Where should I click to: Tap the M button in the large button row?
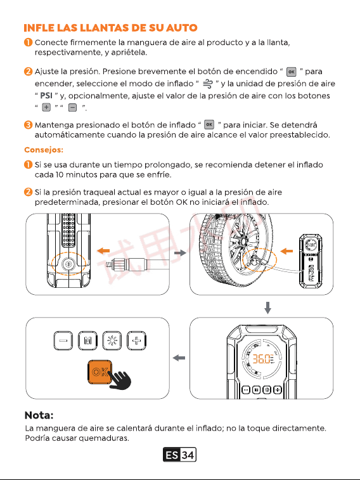coord(88,341)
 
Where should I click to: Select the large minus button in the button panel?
coord(63,341)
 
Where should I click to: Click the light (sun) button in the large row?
coord(112,341)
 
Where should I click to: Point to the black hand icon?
coord(120,380)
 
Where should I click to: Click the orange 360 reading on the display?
coord(261,359)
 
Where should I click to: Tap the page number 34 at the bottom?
coord(188,455)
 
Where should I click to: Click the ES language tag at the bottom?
coord(172,455)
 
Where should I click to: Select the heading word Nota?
coord(39,415)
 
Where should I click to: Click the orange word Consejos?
coord(44,150)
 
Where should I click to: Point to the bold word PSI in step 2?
coord(46,96)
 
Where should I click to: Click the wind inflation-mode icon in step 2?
coord(208,84)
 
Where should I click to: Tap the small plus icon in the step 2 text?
coord(46,107)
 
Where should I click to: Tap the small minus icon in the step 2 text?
coord(72,107)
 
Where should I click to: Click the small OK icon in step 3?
coord(209,124)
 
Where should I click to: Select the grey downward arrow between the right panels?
coord(267,308)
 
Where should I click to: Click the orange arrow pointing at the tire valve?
coord(286,251)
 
